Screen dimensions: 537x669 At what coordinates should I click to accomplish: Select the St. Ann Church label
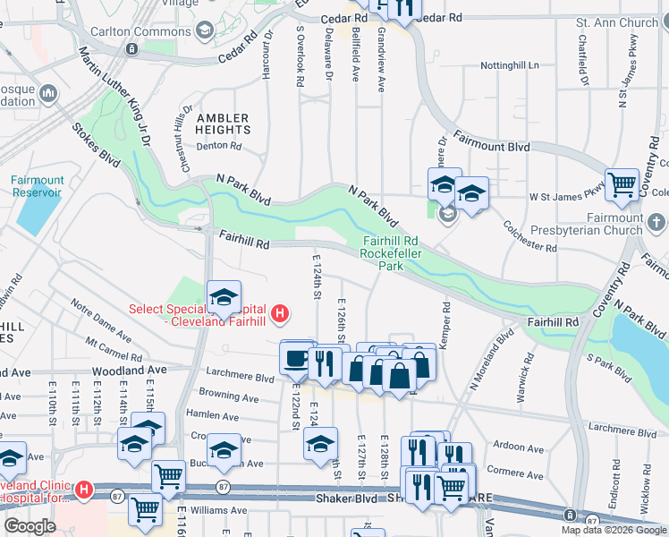click(616, 22)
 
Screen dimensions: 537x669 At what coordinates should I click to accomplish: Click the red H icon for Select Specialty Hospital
click(280, 313)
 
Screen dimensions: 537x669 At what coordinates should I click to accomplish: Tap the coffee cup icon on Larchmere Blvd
click(296, 356)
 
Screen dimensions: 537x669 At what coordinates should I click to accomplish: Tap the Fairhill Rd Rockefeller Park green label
click(389, 252)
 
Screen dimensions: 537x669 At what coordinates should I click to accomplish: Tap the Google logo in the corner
click(30, 526)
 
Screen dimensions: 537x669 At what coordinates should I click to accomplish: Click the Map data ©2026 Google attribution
click(613, 530)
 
